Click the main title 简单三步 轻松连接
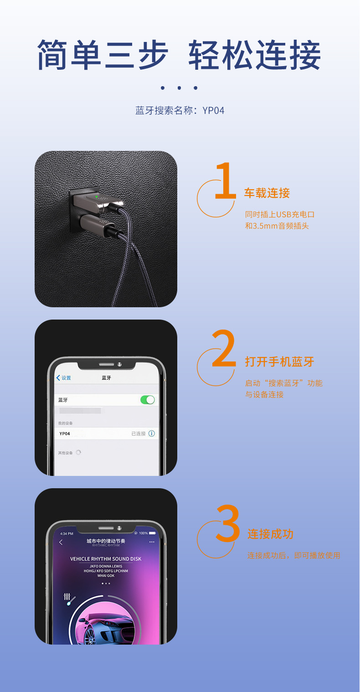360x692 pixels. (x=179, y=55)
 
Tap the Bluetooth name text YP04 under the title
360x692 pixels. (x=213, y=111)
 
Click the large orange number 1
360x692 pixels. (x=225, y=181)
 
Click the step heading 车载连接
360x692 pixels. (x=267, y=193)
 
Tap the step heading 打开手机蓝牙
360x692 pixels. (x=279, y=362)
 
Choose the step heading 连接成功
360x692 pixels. (x=270, y=534)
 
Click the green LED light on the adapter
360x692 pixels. (x=97, y=196)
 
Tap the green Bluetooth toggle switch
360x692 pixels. (x=148, y=400)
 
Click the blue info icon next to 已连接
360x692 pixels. (x=152, y=434)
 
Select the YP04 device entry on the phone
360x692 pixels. (x=65, y=434)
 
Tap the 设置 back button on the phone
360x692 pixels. (x=63, y=378)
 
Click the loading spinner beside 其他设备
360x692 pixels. (x=78, y=453)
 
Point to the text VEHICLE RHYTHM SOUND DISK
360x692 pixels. (x=106, y=559)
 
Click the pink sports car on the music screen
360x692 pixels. (x=106, y=627)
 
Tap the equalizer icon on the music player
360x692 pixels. (x=68, y=597)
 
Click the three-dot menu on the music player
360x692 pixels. (x=152, y=542)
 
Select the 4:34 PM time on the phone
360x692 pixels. (x=67, y=533)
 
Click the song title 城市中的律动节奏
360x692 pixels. (x=106, y=541)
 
